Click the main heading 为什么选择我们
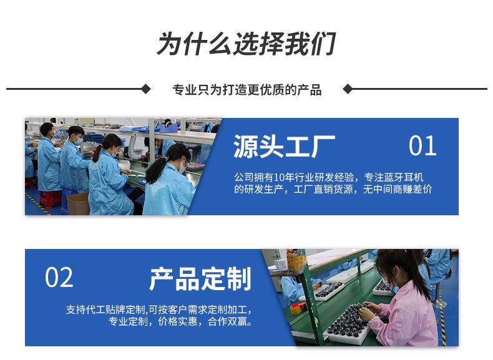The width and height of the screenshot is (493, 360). (x=246, y=44)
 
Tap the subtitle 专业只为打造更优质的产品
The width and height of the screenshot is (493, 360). (x=246, y=90)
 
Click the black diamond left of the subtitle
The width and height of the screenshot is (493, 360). (x=146, y=89)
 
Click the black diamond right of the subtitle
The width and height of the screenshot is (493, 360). (x=348, y=89)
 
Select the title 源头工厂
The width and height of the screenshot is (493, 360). (x=284, y=147)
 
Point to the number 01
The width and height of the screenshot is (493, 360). (x=422, y=146)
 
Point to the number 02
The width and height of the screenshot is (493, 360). (x=59, y=278)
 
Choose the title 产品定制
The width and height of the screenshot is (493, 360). (x=200, y=279)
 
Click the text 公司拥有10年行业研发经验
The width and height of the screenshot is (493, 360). (x=287, y=178)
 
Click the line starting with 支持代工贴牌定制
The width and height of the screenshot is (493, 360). (x=159, y=309)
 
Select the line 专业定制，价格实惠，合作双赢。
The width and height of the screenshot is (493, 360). (x=181, y=322)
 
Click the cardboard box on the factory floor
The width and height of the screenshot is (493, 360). (x=77, y=203)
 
